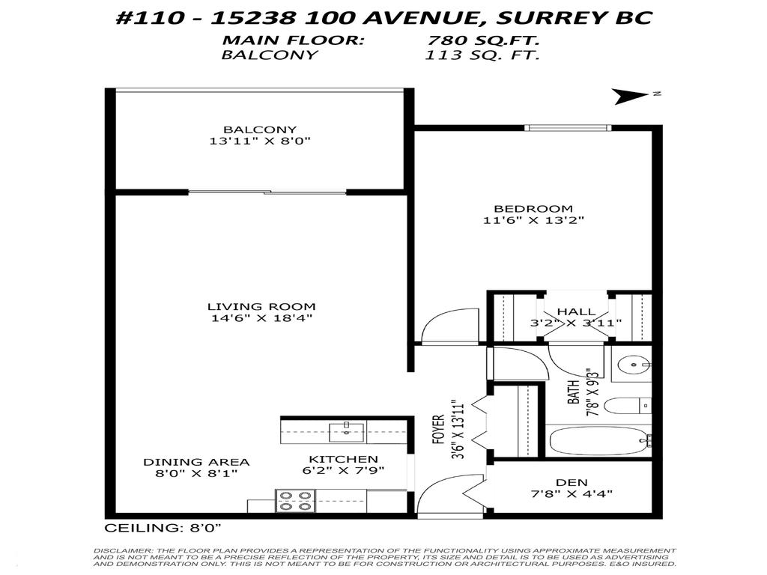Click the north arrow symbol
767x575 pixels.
point(631,97)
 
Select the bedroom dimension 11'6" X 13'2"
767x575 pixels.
point(533,220)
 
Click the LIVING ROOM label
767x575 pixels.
point(261,306)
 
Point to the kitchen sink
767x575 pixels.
point(347,430)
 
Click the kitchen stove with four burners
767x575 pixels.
point(295,500)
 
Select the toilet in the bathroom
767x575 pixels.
point(626,407)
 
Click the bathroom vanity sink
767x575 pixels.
point(634,366)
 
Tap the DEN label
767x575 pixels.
point(572,482)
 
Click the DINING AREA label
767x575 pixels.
point(196,462)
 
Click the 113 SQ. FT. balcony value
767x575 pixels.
point(482,55)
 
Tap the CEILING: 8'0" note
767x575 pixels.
point(163,528)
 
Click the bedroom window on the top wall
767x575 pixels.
point(567,127)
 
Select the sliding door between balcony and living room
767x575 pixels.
point(267,192)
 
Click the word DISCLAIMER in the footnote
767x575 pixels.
point(120,550)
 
